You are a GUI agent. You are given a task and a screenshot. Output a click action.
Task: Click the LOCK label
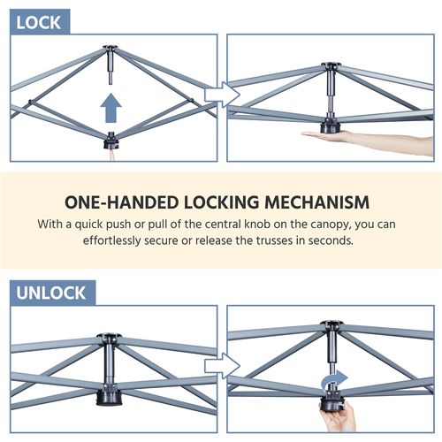pos(38,23)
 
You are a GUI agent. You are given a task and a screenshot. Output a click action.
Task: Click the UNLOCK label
pos(51,293)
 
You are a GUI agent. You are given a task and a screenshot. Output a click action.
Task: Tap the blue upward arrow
pos(110,108)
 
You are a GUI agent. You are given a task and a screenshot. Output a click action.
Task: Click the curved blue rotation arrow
pos(334,379)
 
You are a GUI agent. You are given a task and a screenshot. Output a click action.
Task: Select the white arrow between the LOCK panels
pos(223,95)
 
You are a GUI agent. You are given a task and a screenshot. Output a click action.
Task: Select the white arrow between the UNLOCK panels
pos(223,366)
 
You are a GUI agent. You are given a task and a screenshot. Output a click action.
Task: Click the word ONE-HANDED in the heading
pos(121,202)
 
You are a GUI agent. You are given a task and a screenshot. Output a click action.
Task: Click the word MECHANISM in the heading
pos(316,202)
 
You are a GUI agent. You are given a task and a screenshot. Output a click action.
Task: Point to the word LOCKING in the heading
pos(221,202)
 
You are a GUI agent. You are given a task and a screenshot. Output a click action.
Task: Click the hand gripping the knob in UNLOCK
pos(339,417)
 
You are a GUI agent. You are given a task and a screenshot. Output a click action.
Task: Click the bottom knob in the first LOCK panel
pos(111,141)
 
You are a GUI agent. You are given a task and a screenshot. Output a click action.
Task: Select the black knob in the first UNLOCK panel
pos(109,394)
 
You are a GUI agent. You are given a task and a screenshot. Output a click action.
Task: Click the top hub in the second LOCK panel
pos(331,66)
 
